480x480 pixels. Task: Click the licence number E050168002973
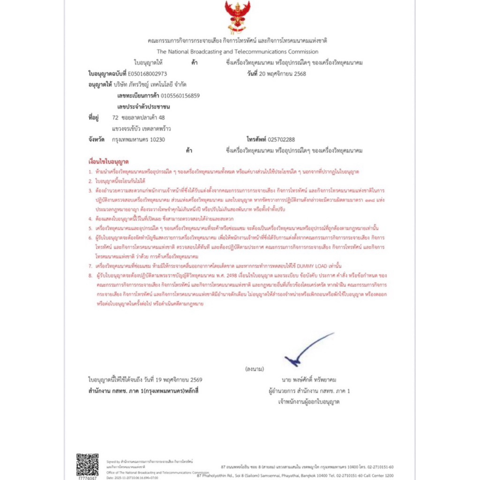(147, 74)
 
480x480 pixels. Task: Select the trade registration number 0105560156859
(180, 96)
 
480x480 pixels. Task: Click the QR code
(87, 464)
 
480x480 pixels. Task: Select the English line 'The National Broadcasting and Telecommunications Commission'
(237, 52)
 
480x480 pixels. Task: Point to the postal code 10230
(157, 139)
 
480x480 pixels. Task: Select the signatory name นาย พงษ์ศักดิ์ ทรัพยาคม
(309, 380)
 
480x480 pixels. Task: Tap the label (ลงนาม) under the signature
(255, 369)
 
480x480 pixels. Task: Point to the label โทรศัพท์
(256, 139)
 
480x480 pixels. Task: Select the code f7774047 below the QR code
(87, 478)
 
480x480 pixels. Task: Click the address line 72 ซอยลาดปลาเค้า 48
(139, 117)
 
